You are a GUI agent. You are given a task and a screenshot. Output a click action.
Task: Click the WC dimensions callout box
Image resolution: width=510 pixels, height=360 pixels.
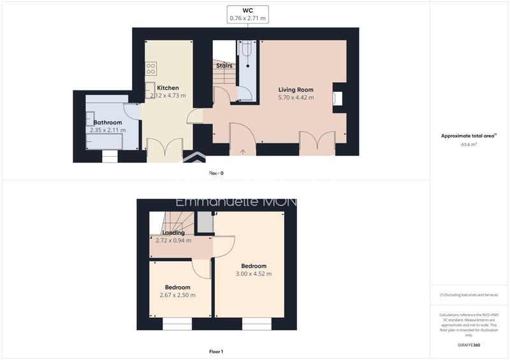(x=248, y=14)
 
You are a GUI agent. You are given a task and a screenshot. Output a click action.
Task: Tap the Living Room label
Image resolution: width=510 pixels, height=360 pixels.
(x=296, y=90)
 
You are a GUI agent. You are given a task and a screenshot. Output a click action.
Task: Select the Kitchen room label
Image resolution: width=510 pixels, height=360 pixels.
(x=168, y=88)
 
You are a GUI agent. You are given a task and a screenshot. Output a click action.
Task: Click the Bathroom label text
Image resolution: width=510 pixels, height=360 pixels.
(x=108, y=122)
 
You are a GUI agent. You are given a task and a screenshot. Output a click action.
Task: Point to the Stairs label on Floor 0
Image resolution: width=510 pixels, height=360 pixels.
(x=224, y=66)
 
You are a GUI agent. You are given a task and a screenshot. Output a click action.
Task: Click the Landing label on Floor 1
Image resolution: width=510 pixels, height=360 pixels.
(x=173, y=233)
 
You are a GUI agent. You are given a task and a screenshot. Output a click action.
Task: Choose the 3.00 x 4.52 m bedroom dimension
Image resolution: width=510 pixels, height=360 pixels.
(x=254, y=274)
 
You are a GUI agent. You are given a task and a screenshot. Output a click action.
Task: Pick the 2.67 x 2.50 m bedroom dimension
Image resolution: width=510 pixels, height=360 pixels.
(x=177, y=295)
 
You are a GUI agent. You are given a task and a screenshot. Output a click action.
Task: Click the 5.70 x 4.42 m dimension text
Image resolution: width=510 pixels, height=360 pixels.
(x=296, y=98)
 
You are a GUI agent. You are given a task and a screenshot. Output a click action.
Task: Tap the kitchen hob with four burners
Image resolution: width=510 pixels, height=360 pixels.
(x=151, y=68)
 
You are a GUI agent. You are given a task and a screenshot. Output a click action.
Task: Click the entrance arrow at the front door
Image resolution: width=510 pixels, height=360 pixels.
(x=242, y=152)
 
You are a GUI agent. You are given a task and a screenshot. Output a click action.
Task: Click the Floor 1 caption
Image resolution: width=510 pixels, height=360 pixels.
(x=216, y=351)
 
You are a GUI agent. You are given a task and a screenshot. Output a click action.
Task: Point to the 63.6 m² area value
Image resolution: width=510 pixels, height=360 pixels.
(x=469, y=145)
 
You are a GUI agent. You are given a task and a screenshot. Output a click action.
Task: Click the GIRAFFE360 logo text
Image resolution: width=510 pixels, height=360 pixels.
(x=469, y=345)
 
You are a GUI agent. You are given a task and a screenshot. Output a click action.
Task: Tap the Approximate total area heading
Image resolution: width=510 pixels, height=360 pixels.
(x=469, y=136)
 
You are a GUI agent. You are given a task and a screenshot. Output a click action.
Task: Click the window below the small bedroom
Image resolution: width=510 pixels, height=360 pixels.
(x=177, y=324)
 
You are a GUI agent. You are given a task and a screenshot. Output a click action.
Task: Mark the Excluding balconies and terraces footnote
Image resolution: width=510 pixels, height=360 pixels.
(x=469, y=295)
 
